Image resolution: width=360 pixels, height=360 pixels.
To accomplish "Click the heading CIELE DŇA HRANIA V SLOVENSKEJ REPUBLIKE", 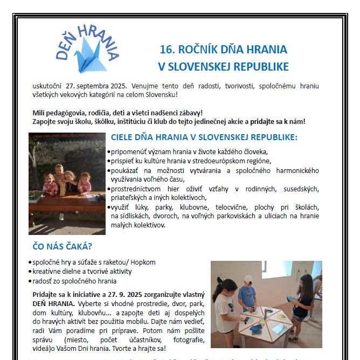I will pyautogui.click(x=204, y=137).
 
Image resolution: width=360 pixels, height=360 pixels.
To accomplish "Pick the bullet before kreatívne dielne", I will pyautogui.click(x=30, y=272).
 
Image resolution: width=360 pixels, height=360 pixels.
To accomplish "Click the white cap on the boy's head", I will pyautogui.click(x=248, y=279).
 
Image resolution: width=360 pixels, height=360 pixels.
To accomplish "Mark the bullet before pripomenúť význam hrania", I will pyautogui.click(x=109, y=153).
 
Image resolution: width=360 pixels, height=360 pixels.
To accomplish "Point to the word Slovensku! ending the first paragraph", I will pyautogui.click(x=158, y=95).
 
